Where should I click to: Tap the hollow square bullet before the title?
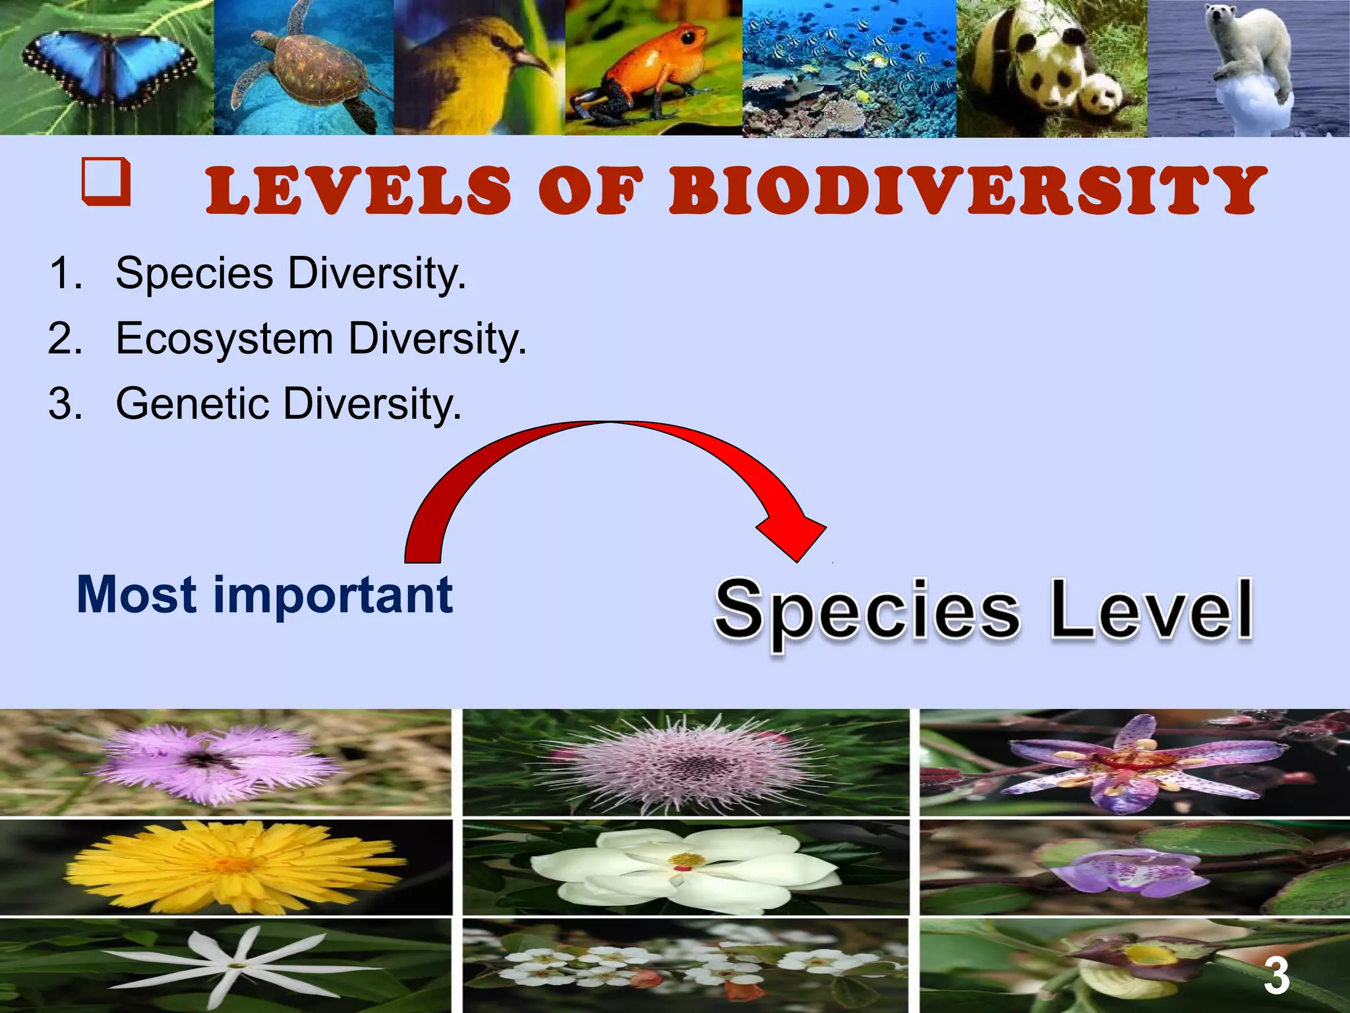pyautogui.click(x=105, y=181)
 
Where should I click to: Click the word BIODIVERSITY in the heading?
pyautogui.click(x=966, y=191)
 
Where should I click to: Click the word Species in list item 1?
pyautogui.click(x=194, y=273)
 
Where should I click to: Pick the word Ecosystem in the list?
pyautogui.click(x=224, y=339)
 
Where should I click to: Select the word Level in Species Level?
pyautogui.click(x=1150, y=610)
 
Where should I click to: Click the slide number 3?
pyautogui.click(x=1276, y=977)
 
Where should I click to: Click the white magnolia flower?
pyautogui.click(x=686, y=864)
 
